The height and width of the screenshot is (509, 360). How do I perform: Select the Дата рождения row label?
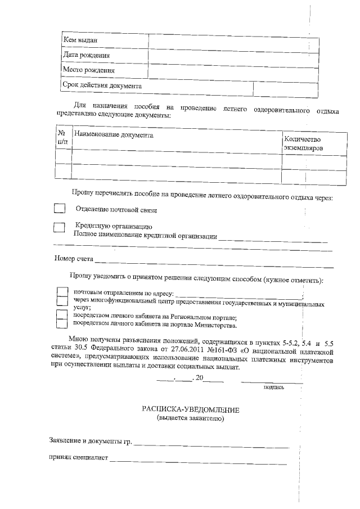pyautogui.click(x=85, y=56)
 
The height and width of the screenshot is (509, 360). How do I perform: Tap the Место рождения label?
pyautogui.click(x=89, y=71)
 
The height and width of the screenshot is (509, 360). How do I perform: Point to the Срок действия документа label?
pyautogui.click(x=101, y=86)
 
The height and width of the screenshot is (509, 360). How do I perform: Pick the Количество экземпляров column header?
pyautogui.click(x=303, y=143)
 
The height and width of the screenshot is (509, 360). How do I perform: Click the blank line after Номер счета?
pyautogui.click(x=214, y=262)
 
